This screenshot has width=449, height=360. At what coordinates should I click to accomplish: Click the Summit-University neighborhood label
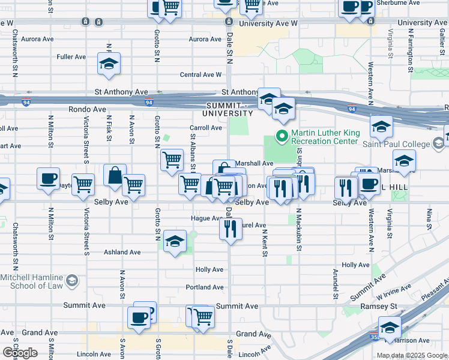tap(228, 109)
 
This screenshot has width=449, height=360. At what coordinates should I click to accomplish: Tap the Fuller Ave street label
tap(71, 57)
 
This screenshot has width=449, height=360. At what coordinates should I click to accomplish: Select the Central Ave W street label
tap(201, 75)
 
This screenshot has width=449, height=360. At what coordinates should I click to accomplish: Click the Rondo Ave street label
tap(87, 110)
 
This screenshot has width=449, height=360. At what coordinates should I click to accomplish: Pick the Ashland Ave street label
tap(122, 253)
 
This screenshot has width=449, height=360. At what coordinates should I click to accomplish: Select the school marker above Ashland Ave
tap(174, 241)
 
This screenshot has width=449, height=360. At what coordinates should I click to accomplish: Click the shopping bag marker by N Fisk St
tap(115, 176)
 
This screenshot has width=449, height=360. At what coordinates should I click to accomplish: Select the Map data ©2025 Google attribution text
tap(411, 355)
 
